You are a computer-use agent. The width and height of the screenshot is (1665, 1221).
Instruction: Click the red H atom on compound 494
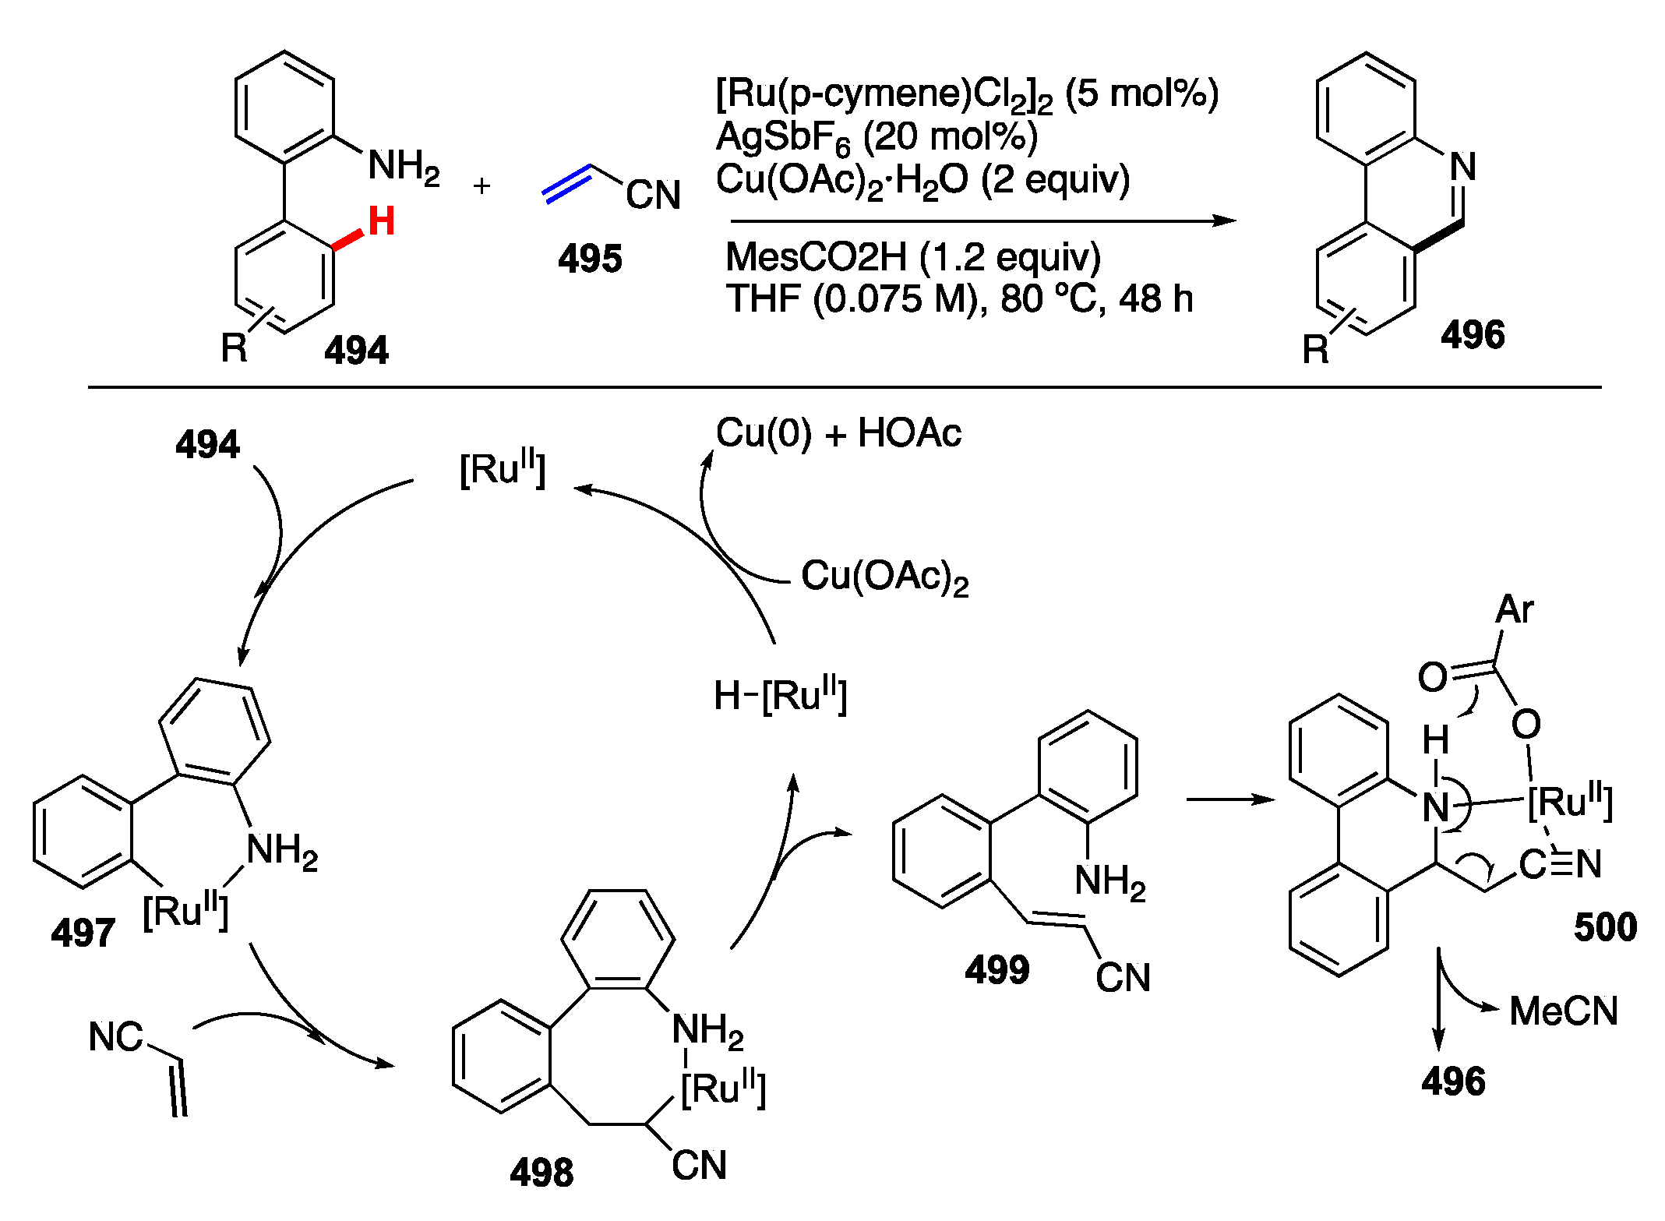point(381,221)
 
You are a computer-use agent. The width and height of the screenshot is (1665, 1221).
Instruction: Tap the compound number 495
point(590,259)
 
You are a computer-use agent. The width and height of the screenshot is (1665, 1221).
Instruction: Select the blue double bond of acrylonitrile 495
point(567,185)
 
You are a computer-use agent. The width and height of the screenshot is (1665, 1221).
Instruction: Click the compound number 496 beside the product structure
point(1472,335)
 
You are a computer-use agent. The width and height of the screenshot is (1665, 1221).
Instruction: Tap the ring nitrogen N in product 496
point(1462,166)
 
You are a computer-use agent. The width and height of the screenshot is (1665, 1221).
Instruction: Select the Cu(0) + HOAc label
point(838,433)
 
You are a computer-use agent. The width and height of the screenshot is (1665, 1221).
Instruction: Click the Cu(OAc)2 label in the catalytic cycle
point(885,577)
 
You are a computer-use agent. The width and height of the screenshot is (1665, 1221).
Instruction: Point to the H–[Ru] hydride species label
point(780,695)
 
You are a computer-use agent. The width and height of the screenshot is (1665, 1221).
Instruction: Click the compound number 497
point(83,933)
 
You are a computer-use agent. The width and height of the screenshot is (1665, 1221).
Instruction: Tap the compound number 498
point(541,1172)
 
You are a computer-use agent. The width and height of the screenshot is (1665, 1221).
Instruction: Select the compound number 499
point(997,970)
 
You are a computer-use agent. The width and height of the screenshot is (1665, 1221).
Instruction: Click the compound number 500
point(1605,927)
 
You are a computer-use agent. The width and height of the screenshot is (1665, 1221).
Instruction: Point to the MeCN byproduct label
point(1563,1011)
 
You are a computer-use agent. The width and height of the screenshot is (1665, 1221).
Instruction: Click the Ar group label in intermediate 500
point(1514,609)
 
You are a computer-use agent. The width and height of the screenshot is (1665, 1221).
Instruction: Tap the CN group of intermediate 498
point(699,1166)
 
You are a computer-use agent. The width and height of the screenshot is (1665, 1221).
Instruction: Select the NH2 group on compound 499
point(1109,882)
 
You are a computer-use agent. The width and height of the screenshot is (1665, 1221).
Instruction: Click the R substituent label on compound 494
point(234,348)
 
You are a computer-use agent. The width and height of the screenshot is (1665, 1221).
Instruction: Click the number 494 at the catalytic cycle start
point(207,445)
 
